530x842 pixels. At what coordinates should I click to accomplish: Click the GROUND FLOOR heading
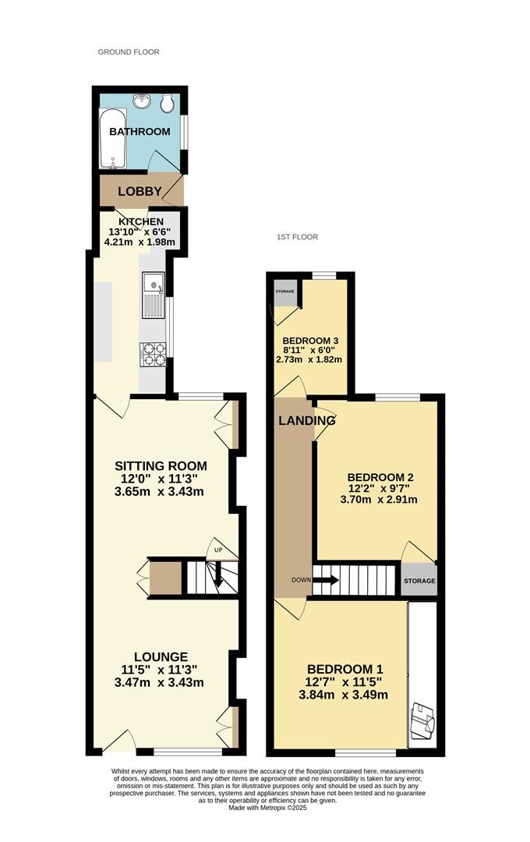129,52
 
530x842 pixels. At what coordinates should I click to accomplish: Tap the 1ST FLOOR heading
297,237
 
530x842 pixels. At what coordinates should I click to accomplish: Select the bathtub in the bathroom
113,138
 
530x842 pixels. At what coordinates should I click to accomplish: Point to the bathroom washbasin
143,101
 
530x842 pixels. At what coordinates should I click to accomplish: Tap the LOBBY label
140,191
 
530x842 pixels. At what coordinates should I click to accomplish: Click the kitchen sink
154,295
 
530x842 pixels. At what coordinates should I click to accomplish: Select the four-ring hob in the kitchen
153,355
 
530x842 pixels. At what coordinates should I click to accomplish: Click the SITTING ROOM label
161,466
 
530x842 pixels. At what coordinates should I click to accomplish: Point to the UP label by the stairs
218,550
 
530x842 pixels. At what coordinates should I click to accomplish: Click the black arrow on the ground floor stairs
218,575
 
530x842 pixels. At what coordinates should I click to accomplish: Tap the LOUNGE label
161,656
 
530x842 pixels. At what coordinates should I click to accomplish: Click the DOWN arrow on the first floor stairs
326,580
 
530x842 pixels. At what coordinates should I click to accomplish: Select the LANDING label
306,420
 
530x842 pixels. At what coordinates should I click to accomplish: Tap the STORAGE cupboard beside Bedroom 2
419,580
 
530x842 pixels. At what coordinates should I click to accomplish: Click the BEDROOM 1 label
344,670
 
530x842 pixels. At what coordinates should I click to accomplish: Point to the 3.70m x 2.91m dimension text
379,500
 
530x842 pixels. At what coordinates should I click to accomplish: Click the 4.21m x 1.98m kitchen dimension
140,242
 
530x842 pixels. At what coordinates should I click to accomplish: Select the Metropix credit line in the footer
267,808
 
